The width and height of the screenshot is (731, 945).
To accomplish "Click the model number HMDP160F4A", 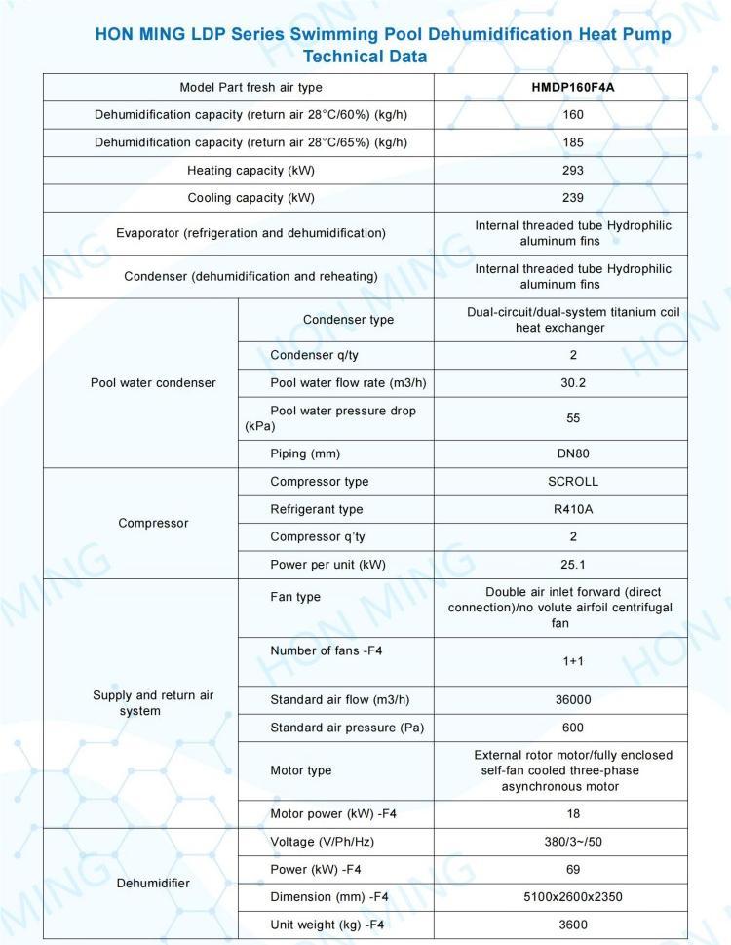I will tap(573, 88).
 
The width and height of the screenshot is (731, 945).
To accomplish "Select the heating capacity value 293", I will tap(573, 171).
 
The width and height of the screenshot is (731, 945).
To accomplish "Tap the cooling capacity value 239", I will tap(573, 198).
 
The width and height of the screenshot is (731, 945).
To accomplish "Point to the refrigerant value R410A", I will tap(573, 509).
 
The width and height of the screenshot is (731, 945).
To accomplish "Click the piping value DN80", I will tap(573, 453).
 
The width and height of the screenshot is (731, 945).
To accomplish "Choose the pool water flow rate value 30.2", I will tap(573, 383).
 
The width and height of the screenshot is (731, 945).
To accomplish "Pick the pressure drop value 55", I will tap(573, 418).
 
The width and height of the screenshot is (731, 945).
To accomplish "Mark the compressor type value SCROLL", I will tap(573, 482).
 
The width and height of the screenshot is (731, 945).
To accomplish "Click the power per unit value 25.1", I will tap(573, 564).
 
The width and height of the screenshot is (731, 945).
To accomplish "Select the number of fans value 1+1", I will tap(573, 661).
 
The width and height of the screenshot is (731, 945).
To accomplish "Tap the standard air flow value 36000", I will tap(573, 699).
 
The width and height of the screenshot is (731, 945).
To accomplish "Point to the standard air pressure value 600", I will tap(573, 728).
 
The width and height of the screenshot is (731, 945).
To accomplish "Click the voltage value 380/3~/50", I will tap(573, 841).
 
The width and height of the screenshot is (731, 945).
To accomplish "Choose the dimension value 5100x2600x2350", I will tap(573, 896).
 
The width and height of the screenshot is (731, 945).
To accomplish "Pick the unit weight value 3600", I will tap(573, 924).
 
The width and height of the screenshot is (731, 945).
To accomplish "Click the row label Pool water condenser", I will tap(153, 383).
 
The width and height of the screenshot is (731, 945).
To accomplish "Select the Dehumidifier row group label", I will tap(153, 884).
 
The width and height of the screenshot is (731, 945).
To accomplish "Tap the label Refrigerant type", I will tap(316, 509).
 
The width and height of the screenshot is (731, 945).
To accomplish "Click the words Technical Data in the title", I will tap(365, 57).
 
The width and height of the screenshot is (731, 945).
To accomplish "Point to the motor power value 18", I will tap(573, 813).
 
